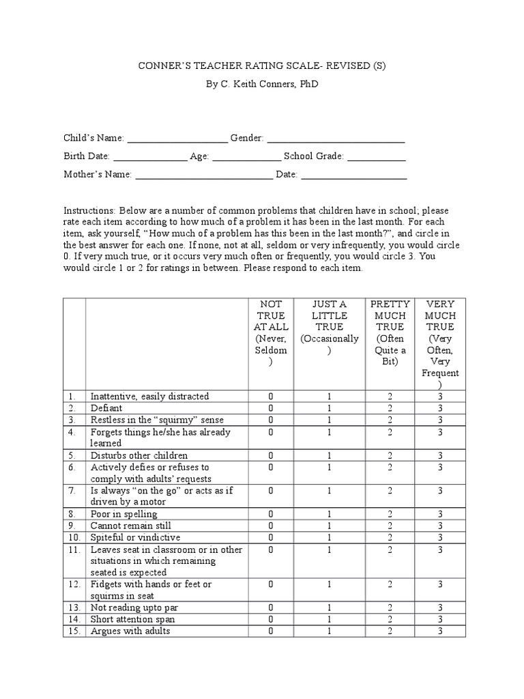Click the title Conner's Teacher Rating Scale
click(261, 66)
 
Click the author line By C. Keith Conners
click(261, 84)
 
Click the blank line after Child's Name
click(177, 139)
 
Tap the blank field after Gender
click(336, 139)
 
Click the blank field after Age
click(246, 157)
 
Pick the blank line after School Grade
click(377, 157)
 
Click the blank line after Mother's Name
click(203, 175)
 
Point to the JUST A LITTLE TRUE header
click(329, 326)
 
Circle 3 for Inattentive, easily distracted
click(441, 397)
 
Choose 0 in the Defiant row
click(270, 408)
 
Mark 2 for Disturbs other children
click(390, 455)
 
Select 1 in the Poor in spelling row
click(329, 514)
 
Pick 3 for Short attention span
click(441, 619)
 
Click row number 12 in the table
click(74, 584)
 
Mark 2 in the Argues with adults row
click(390, 631)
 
